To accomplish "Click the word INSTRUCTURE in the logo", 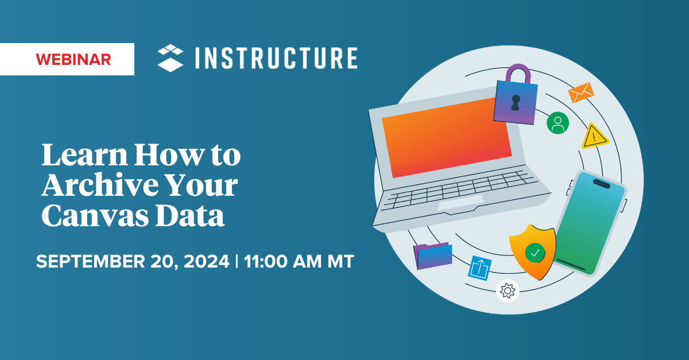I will (275, 59).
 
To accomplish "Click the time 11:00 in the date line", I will (266, 262).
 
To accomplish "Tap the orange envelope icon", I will (580, 92).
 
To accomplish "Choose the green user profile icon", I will (558, 123).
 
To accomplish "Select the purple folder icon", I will (433, 256).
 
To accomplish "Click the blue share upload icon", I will (479, 268).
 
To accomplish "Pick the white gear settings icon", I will (508, 291).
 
